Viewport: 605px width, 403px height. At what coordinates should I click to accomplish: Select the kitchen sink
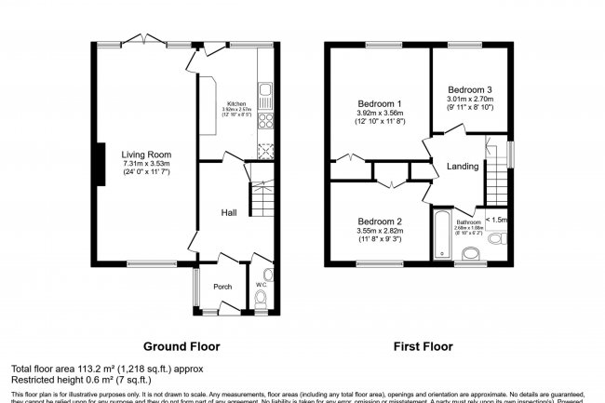pyautogui.click(x=265, y=92)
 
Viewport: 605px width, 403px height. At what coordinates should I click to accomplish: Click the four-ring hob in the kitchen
pyautogui.click(x=265, y=122)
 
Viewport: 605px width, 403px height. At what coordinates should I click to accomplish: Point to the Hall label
pyautogui.click(x=228, y=213)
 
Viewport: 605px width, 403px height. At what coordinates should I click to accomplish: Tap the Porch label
pyautogui.click(x=222, y=287)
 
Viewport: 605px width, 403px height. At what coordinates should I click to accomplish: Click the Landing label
pyautogui.click(x=463, y=167)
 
